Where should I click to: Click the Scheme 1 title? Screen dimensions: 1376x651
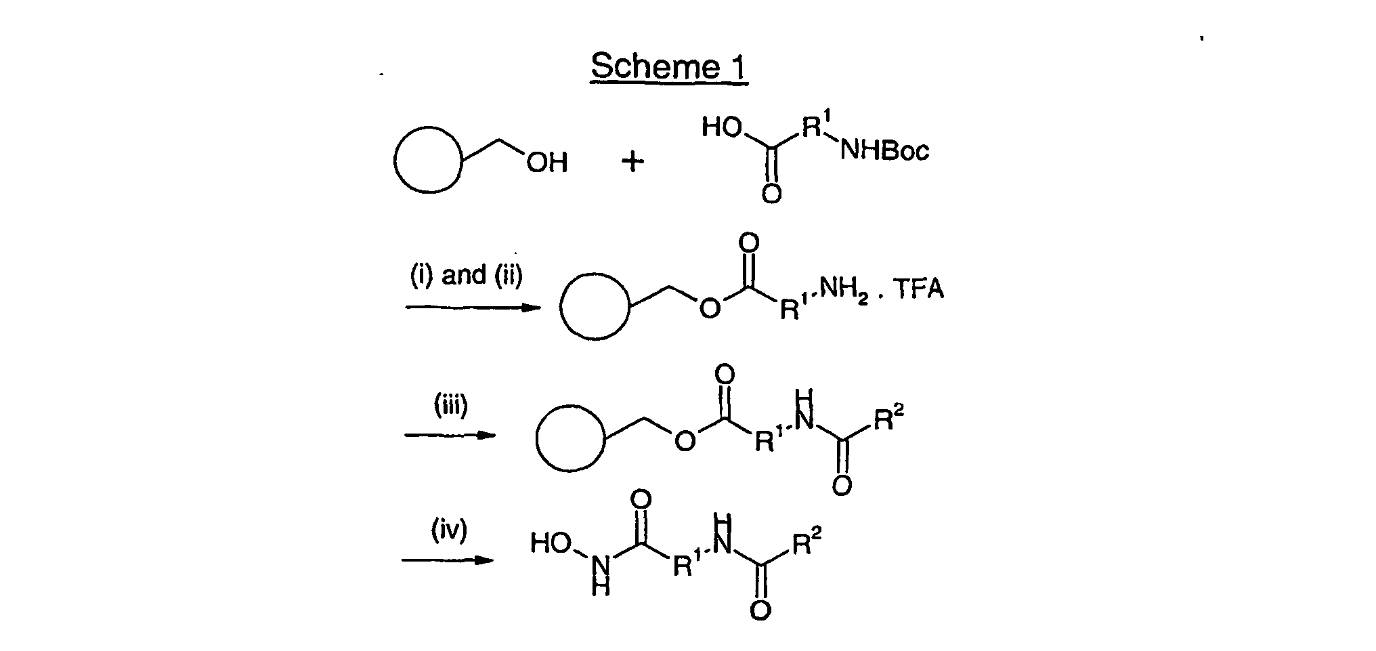669,67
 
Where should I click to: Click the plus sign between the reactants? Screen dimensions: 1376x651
632,161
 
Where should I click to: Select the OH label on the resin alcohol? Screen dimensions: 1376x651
546,163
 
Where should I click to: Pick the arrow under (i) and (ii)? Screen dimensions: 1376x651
473,308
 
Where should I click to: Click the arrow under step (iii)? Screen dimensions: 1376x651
450,435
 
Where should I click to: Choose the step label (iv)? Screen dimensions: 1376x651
450,530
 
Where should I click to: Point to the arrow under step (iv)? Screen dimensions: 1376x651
448,560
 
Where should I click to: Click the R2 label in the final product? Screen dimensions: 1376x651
807,543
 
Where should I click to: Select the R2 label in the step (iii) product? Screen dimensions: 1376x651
889,419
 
